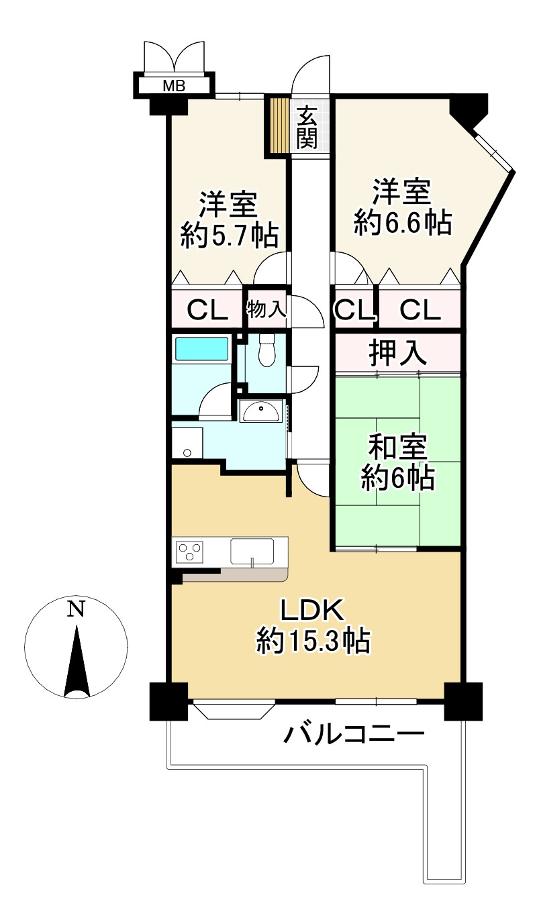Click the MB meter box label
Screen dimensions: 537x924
tap(174, 86)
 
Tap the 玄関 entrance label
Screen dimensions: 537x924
tap(307, 127)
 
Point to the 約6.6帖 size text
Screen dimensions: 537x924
tap(403, 223)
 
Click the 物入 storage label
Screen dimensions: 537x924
tap(266, 309)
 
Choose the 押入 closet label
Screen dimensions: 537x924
tap(397, 353)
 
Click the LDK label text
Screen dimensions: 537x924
tap(312, 611)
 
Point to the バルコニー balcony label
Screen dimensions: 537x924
tap(354, 735)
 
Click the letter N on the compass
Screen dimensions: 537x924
tap(76, 609)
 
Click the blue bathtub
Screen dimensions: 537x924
tap(202, 349)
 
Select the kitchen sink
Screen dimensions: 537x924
tap(252, 551)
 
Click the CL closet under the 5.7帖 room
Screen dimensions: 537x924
tap(207, 310)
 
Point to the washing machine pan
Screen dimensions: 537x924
tap(187, 443)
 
